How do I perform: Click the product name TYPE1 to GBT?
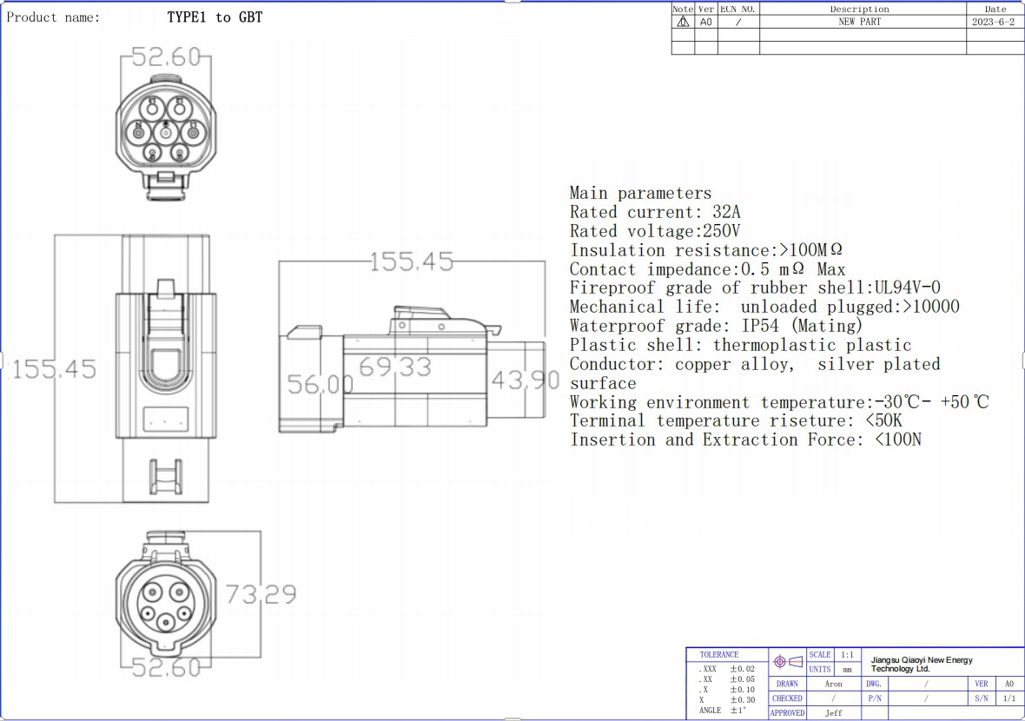(215, 17)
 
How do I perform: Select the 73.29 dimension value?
(261, 594)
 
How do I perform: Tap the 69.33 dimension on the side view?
(395, 367)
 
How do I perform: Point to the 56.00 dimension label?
(321, 384)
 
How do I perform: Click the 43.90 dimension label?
(526, 380)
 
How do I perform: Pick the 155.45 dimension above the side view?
(411, 262)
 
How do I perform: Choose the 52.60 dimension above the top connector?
(166, 56)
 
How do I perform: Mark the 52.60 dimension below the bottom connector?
(166, 667)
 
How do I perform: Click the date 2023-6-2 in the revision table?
(994, 22)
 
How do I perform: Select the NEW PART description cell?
(860, 22)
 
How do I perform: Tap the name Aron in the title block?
(834, 684)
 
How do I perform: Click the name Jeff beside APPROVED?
(834, 712)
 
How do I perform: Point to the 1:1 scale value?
(847, 654)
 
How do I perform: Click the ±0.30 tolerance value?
(743, 699)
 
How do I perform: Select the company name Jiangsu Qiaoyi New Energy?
(922, 660)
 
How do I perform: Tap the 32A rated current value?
(726, 212)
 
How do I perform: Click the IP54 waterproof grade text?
(760, 326)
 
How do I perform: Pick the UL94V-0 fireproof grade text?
(908, 288)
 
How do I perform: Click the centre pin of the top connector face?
(166, 133)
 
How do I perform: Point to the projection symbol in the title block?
(788, 662)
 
